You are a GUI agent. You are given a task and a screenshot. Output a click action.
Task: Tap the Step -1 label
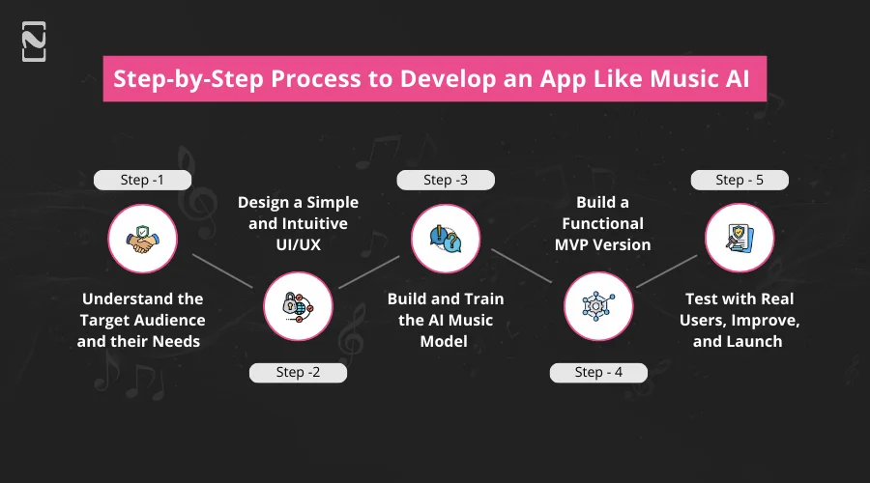(x=142, y=180)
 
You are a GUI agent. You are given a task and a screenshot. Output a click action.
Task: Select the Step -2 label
(x=297, y=373)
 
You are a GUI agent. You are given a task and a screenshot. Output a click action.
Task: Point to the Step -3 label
(x=446, y=180)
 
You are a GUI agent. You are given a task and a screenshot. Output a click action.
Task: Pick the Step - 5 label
(x=739, y=180)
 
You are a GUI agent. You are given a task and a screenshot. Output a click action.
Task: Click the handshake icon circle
(x=142, y=238)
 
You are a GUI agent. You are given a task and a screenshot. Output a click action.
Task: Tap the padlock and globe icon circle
(x=297, y=305)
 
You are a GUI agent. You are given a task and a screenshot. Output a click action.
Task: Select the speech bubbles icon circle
(x=446, y=238)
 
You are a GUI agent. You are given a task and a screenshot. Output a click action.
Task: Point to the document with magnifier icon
(x=739, y=238)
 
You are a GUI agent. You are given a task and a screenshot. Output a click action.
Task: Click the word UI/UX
(x=299, y=244)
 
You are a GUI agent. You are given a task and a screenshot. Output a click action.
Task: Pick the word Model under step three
(x=446, y=341)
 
